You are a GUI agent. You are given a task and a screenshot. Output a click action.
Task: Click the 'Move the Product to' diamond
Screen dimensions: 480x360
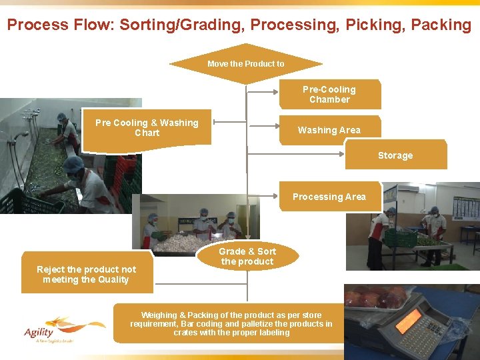click(245, 64)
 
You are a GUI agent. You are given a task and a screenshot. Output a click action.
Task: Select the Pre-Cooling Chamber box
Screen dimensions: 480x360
click(329, 94)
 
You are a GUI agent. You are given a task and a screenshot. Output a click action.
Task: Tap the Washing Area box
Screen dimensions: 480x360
click(329, 130)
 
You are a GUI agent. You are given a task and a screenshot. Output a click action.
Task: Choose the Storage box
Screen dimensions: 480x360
click(395, 155)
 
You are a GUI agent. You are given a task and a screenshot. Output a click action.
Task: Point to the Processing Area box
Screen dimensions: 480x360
click(329, 197)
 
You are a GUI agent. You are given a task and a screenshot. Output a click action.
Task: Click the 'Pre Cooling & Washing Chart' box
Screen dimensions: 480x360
click(147, 127)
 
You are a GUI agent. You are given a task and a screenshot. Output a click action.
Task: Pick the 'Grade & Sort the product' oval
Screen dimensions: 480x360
click(247, 256)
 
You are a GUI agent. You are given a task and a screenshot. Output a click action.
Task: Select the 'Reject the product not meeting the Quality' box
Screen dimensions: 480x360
click(87, 274)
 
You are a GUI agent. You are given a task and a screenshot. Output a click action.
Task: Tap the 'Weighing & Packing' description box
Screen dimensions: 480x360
click(231, 323)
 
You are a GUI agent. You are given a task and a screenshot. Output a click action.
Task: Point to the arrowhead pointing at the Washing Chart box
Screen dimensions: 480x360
click(216, 122)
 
